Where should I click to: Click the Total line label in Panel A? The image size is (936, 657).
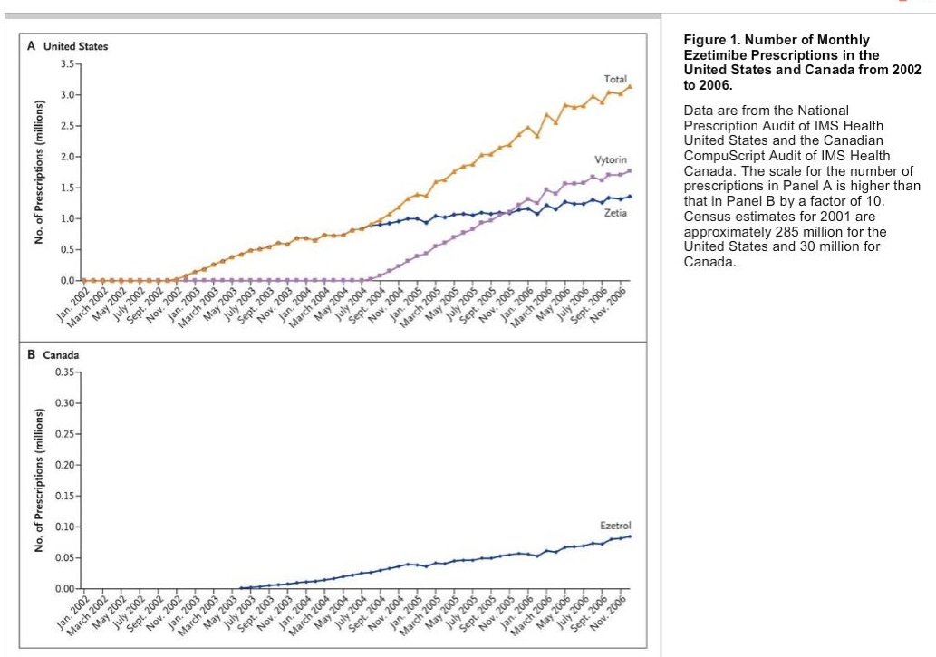tap(615, 80)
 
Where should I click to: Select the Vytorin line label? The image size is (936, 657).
tap(611, 159)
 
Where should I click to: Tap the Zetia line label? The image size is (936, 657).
tap(615, 212)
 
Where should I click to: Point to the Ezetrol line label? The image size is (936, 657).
tap(614, 526)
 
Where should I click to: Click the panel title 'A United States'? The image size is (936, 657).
tap(68, 46)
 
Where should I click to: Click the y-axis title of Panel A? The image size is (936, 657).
tap(40, 172)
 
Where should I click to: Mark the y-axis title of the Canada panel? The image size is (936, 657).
tap(40, 480)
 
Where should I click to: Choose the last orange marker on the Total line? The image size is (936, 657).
tap(630, 87)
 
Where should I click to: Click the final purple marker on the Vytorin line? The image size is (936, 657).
tap(630, 170)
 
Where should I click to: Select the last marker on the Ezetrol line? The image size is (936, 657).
tap(630, 536)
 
